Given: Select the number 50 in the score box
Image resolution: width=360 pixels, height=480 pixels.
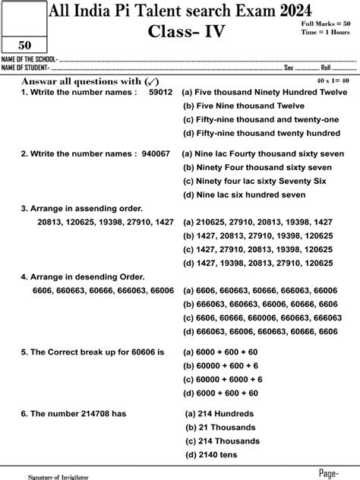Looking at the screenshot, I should coord(24,46).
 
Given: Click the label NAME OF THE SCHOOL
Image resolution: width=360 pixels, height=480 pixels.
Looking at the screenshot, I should coord(29,58).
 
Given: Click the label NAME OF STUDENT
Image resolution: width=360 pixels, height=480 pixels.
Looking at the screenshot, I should coord(27,68).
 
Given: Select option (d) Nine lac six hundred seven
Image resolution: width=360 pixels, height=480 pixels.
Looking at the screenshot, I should coord(244,194).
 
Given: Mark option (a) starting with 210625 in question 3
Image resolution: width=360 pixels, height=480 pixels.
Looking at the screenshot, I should coord(257,222).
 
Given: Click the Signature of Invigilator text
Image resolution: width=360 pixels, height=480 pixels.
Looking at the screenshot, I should coord(58,475).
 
